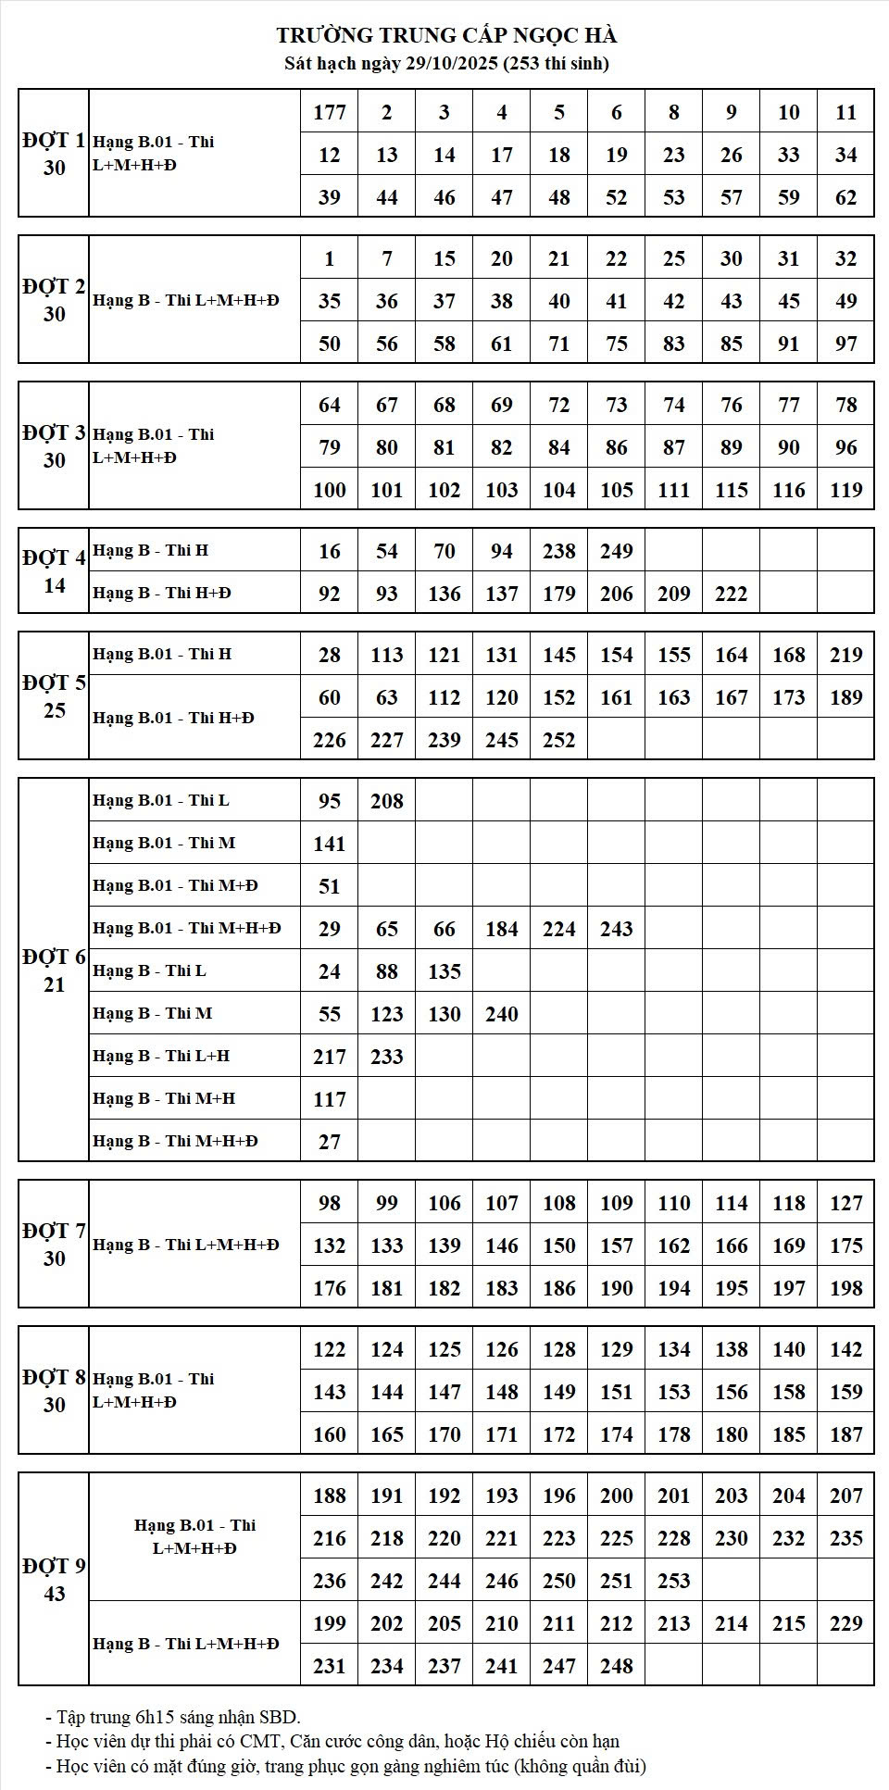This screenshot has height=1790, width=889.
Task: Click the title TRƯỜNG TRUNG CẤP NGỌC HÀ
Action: [x=446, y=35]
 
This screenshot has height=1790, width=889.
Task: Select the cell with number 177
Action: [x=330, y=112]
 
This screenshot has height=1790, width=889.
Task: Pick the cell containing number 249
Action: [x=617, y=551]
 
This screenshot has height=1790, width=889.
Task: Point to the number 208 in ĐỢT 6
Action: [x=387, y=801]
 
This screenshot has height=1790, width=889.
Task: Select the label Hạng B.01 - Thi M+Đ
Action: [x=175, y=885]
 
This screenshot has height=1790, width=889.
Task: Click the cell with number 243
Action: [x=617, y=929]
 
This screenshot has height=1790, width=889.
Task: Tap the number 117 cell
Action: [x=330, y=1099]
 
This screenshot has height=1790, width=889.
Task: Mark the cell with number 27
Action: [x=330, y=1142]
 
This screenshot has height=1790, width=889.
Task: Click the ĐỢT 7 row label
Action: [x=54, y=1244]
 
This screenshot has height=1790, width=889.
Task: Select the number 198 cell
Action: [x=846, y=1288]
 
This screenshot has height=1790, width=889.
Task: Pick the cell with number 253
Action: [x=674, y=1581]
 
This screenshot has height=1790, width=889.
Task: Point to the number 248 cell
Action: [x=617, y=1666]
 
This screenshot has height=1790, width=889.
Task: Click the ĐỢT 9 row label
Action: [x=54, y=1579]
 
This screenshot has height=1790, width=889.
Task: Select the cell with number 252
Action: [x=559, y=740]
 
